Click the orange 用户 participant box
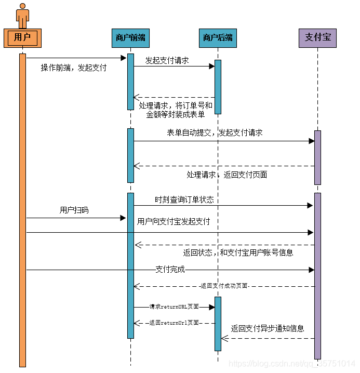click(x=22, y=37)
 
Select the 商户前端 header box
click(x=130, y=37)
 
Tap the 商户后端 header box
click(x=218, y=37)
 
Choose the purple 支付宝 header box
click(x=317, y=37)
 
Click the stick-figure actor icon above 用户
click(x=22, y=16)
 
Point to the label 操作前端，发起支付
click(x=74, y=68)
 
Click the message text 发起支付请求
click(x=167, y=60)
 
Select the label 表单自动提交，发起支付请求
click(x=215, y=132)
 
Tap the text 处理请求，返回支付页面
click(x=227, y=175)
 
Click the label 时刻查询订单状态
click(x=184, y=199)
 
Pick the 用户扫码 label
click(x=74, y=210)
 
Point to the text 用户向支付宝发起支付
click(x=174, y=221)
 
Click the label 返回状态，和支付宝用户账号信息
click(x=238, y=252)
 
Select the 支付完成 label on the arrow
click(x=170, y=270)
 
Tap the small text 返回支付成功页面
click(x=223, y=286)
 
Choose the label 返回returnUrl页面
click(x=174, y=323)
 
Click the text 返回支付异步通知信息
click(x=268, y=328)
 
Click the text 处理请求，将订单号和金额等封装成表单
click(x=176, y=110)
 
